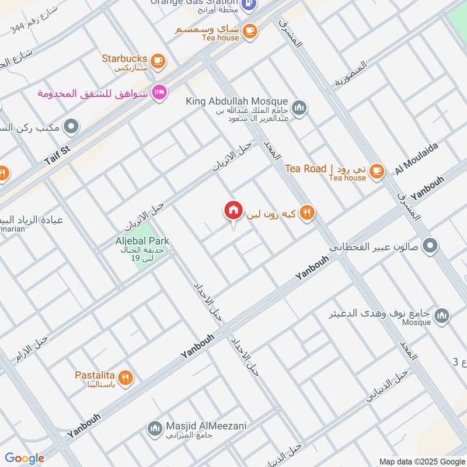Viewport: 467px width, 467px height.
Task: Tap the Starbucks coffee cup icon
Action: [157, 60]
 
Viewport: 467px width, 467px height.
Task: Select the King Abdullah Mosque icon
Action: [299, 108]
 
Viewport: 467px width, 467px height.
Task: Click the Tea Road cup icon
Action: [377, 170]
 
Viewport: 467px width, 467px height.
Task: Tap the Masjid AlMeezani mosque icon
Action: [155, 429]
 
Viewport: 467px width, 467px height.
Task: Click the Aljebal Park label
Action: [142, 241]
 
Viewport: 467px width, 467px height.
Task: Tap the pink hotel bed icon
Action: [159, 92]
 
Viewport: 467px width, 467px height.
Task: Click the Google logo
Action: [25, 458]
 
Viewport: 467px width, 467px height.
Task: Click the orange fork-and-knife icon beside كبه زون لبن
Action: [307, 213]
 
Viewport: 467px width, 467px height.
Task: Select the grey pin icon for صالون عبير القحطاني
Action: [430, 246]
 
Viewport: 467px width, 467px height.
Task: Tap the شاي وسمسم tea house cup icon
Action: [250, 31]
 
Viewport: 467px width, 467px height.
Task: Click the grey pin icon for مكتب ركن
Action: [72, 126]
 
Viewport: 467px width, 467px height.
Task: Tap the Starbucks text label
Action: [124, 58]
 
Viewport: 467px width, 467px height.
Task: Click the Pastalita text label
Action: [95, 375]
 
